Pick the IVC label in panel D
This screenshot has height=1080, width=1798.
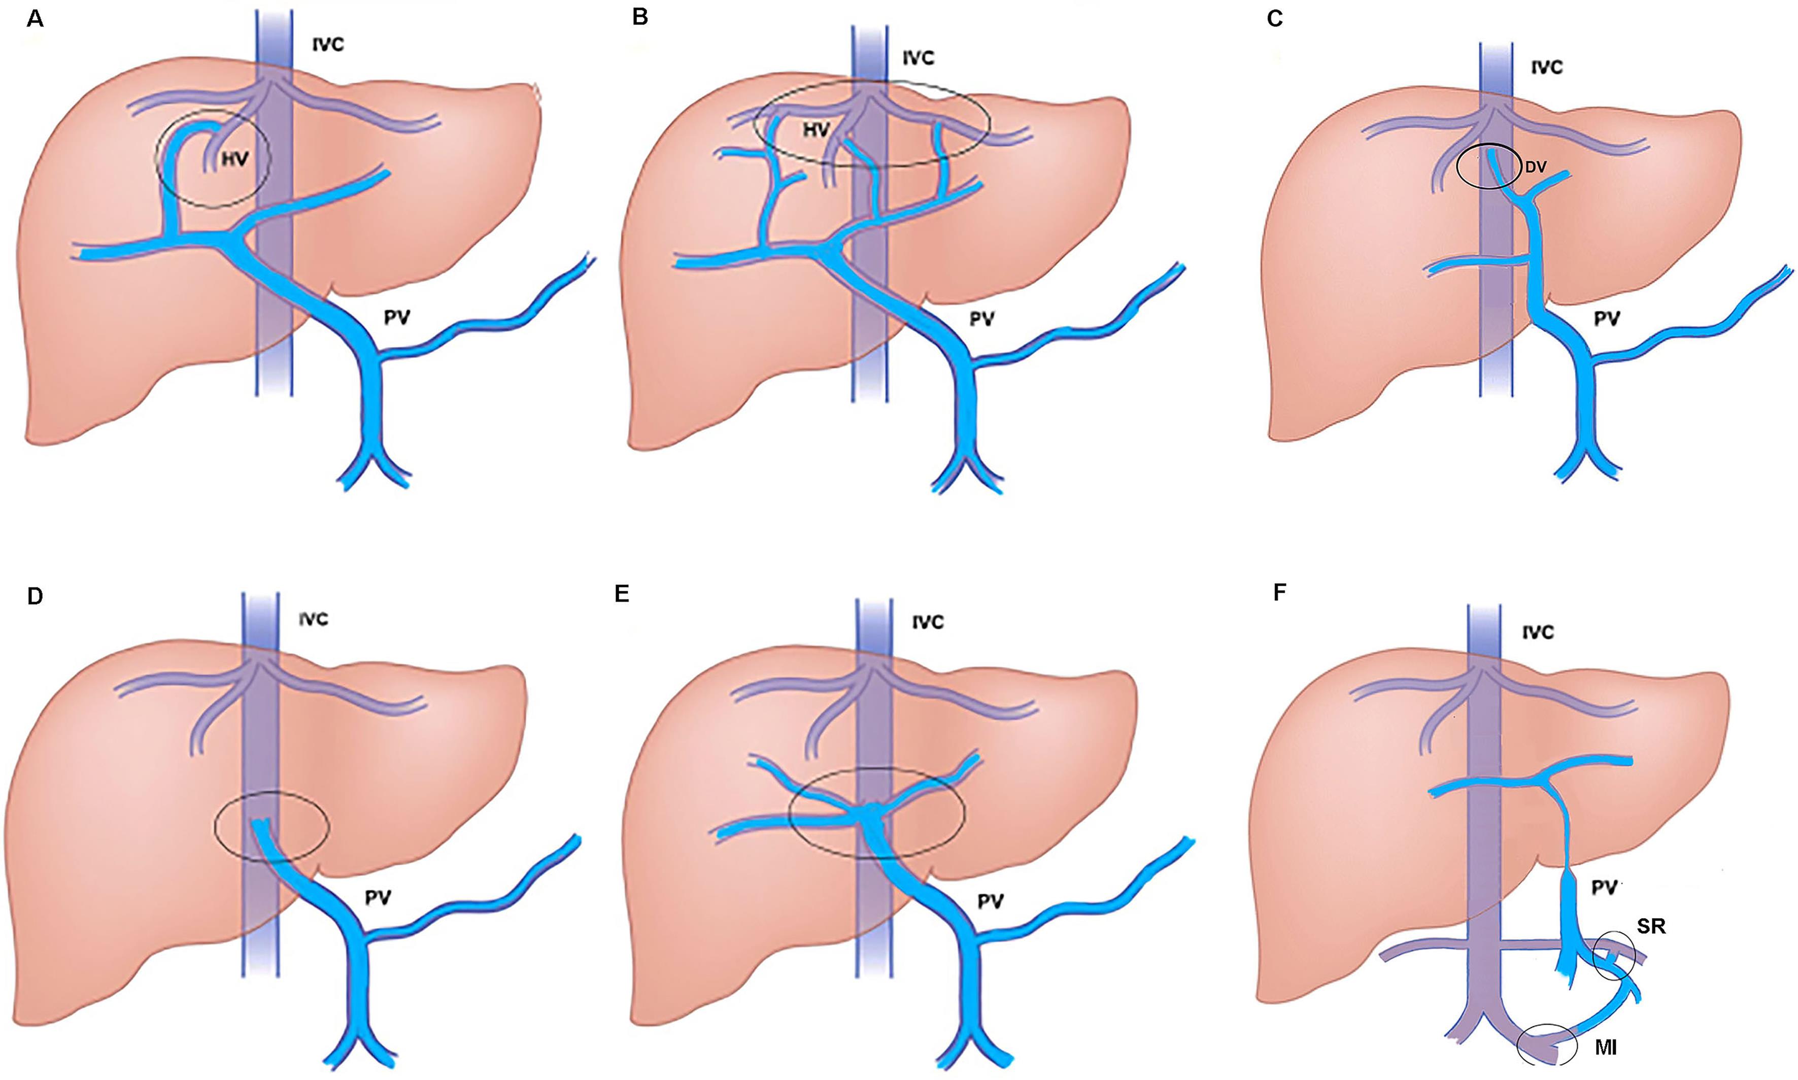click(313, 619)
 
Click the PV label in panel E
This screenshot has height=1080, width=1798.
click(990, 902)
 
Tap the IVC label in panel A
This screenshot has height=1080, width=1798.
click(328, 45)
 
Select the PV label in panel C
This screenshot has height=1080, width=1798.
click(1607, 319)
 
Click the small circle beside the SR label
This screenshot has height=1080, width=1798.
click(1613, 959)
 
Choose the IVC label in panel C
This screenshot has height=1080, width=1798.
click(1546, 68)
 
